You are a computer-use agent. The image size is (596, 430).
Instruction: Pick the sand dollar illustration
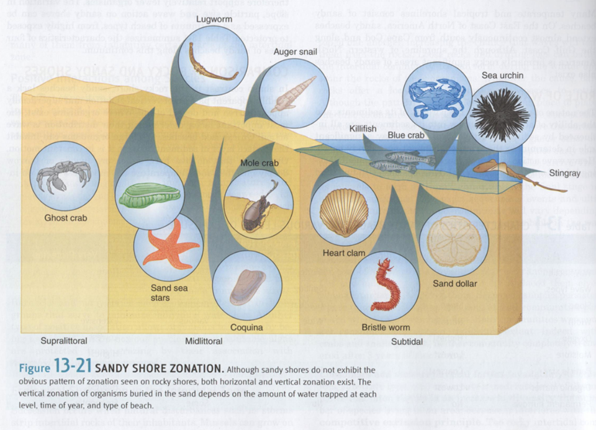454,242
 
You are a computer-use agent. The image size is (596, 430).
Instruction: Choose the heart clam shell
343,212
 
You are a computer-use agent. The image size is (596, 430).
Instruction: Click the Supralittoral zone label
64,341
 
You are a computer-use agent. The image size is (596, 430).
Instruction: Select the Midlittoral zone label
204,341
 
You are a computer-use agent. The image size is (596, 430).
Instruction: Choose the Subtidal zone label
407,341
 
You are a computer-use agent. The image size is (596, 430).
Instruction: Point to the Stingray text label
564,173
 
